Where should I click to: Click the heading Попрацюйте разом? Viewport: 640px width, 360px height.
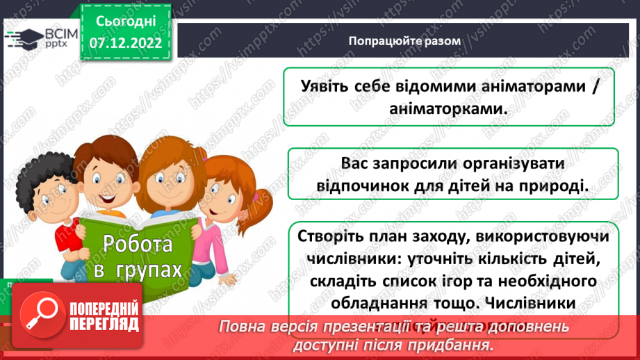404,40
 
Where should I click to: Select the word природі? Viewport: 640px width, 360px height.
550,186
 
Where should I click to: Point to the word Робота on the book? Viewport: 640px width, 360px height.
137,244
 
